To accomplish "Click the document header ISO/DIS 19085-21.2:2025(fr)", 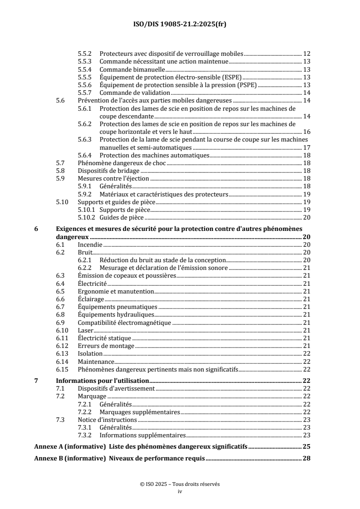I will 180,24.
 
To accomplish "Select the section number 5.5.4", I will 85,69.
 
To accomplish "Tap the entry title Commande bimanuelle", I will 132,69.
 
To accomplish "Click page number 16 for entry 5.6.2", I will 306,131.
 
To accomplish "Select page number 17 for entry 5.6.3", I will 306,147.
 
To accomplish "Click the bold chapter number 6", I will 36,229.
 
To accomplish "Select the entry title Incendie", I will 90,245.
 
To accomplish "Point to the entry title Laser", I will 85,330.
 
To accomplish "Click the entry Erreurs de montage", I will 106,346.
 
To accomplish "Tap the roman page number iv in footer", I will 180,491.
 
